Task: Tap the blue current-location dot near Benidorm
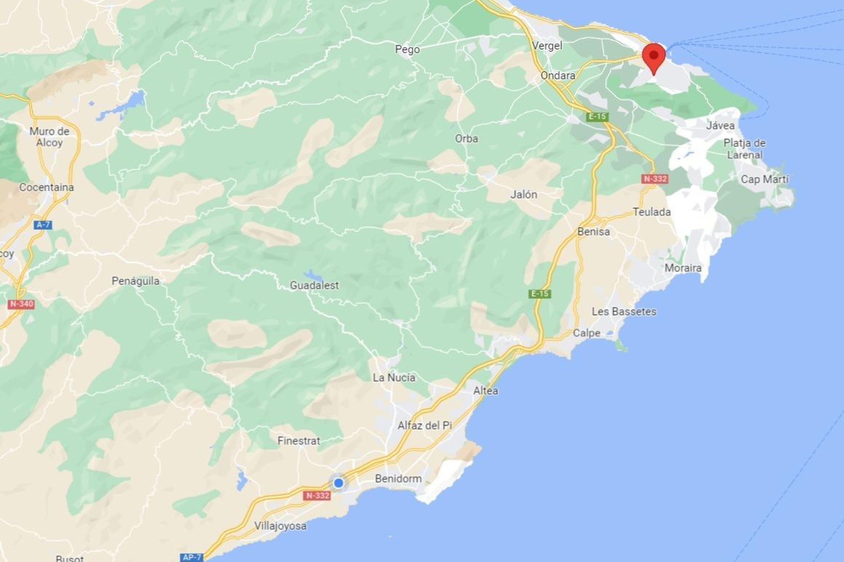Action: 338,483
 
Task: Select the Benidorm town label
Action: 398,478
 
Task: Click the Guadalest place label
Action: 314,285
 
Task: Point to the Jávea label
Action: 720,126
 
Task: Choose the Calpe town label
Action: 586,333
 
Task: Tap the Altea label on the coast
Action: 485,391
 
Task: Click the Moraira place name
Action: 683,268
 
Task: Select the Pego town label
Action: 407,49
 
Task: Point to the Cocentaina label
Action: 46,187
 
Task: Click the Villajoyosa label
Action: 280,526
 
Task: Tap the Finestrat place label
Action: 298,441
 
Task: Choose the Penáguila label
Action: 135,281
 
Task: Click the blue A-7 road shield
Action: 43,225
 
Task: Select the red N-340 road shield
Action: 21,304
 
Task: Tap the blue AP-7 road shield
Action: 192,557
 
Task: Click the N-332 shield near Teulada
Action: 655,179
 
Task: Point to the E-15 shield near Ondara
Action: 597,116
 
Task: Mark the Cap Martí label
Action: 764,179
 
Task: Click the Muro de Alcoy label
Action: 49,137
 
